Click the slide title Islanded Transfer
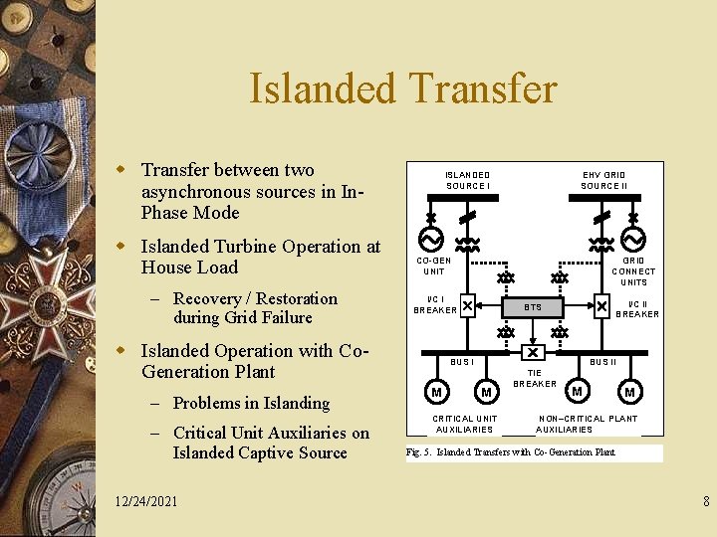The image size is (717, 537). tap(402, 89)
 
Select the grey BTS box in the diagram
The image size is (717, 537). tap(534, 307)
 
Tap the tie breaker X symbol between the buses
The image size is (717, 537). tap(534, 353)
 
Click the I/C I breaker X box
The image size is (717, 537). tap(467, 306)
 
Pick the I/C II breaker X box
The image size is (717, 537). tap(601, 306)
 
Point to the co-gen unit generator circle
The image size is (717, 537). tap(431, 241)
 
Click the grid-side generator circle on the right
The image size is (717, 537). tap(633, 241)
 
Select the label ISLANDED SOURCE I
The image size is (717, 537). tap(467, 180)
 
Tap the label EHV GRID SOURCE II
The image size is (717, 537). tap(603, 180)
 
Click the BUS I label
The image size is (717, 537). tap(463, 362)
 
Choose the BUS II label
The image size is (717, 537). tap(602, 362)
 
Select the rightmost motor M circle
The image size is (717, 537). tap(629, 392)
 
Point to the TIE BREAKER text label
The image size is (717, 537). tap(535, 378)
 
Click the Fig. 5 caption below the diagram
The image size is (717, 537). tap(511, 452)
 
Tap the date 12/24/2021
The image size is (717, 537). tap(145, 501)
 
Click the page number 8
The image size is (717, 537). tap(704, 501)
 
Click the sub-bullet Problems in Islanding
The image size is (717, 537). tap(251, 403)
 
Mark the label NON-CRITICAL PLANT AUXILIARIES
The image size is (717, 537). tap(588, 424)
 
